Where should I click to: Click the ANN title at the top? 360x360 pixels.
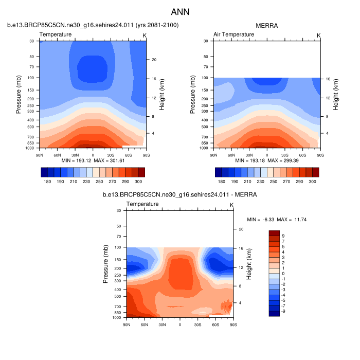click(179, 11)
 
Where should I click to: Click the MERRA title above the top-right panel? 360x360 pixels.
click(266, 25)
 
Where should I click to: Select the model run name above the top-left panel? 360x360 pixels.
click(93, 25)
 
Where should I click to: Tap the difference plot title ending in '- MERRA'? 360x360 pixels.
click(179, 195)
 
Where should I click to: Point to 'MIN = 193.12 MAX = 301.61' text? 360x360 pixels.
click(93, 160)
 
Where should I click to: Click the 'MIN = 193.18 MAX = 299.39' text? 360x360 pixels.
click(266, 160)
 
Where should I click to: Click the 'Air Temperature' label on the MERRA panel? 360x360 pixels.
click(233, 34)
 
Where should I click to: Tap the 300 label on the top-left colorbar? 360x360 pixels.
click(138, 182)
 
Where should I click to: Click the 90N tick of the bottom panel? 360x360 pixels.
click(127, 324)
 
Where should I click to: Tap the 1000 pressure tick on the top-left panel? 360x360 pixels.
click(31, 148)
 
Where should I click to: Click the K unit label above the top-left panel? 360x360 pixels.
click(145, 35)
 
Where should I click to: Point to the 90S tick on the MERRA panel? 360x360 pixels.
click(320, 154)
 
